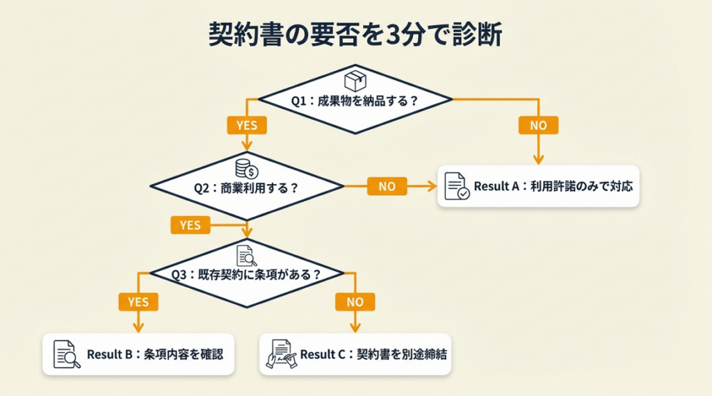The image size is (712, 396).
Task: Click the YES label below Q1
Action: pos(246,125)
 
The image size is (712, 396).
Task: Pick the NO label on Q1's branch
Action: pos(538,125)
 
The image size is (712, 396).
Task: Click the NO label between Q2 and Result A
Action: pos(387,186)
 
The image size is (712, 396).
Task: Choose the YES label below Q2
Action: pos(190,224)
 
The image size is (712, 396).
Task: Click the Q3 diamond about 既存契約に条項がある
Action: pos(247,274)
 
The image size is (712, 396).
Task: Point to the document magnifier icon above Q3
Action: pos(247,255)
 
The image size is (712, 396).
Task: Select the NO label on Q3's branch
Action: pos(355,302)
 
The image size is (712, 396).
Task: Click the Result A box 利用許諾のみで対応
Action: pos(538,186)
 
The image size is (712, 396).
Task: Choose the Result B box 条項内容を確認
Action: pos(138,354)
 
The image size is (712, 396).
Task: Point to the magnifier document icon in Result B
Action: pos(67,354)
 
